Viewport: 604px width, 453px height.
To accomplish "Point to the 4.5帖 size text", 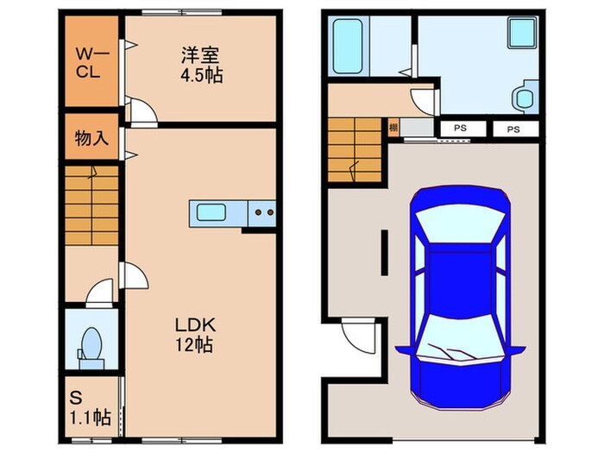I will click(201, 76).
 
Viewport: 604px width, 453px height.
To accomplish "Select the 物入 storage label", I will click(91, 138).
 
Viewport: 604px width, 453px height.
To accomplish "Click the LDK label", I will click(195, 325).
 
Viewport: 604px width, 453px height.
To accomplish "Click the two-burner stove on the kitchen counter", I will click(263, 211).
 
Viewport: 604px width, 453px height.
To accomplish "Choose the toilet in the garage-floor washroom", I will click(523, 97).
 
